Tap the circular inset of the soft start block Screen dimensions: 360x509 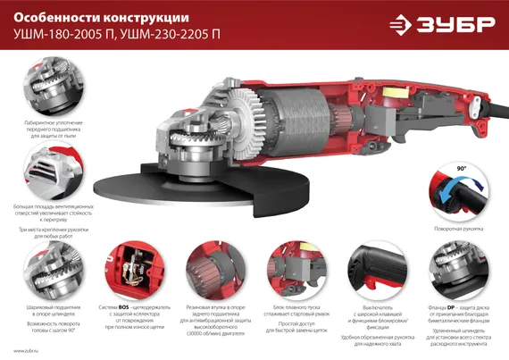[x=289, y=267]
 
